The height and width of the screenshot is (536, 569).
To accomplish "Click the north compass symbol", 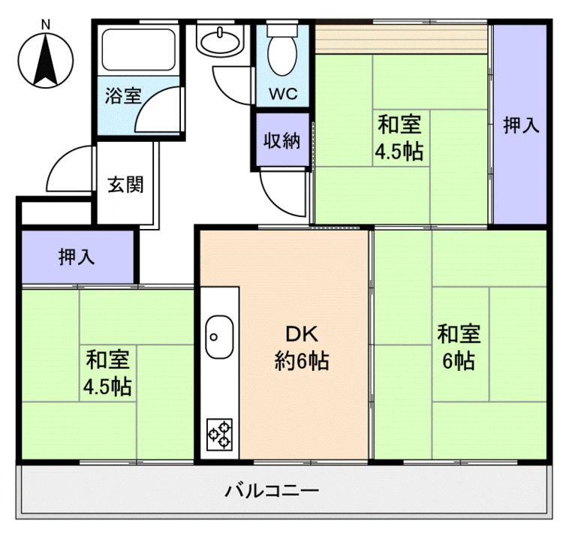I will click(x=46, y=60).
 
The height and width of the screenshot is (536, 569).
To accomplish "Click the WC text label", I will click(x=283, y=95).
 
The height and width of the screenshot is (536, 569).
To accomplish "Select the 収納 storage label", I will click(x=281, y=141).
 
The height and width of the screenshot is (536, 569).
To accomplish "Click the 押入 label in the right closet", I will click(x=520, y=125).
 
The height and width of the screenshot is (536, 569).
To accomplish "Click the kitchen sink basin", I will click(x=219, y=333).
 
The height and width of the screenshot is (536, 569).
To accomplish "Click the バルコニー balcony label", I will click(x=272, y=492).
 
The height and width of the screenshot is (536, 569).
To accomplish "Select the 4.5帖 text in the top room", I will click(x=399, y=152).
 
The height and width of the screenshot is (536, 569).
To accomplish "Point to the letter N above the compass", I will click(x=46, y=25).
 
